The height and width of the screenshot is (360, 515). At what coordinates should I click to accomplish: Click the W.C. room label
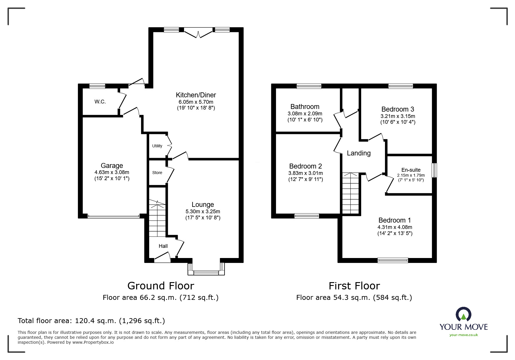click(x=100, y=102)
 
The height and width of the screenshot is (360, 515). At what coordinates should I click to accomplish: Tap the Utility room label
click(x=157, y=146)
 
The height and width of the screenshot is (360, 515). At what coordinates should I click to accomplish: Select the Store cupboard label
click(x=157, y=173)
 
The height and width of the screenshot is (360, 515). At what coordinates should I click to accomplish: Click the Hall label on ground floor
click(x=163, y=246)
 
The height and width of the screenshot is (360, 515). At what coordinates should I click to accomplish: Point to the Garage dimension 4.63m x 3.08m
click(x=112, y=172)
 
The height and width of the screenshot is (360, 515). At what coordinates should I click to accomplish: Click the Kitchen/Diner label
click(x=196, y=95)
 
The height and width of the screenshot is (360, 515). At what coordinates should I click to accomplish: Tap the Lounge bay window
click(x=206, y=272)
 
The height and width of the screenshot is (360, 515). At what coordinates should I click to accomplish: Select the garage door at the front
click(x=113, y=216)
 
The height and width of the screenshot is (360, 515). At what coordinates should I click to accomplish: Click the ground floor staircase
click(x=157, y=219)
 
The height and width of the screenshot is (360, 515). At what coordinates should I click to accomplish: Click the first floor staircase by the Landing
click(x=350, y=193)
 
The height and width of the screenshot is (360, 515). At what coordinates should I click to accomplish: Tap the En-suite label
click(x=411, y=170)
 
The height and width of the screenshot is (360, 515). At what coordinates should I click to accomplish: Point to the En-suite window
click(x=434, y=170)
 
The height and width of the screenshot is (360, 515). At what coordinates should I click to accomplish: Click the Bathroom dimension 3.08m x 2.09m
click(x=305, y=114)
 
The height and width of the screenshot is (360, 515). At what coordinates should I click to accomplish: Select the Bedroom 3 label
click(x=398, y=109)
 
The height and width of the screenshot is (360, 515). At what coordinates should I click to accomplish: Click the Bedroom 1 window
click(x=393, y=260)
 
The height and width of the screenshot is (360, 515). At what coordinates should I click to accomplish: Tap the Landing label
click(x=359, y=153)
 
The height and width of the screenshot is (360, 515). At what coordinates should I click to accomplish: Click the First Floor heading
click(x=354, y=286)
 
